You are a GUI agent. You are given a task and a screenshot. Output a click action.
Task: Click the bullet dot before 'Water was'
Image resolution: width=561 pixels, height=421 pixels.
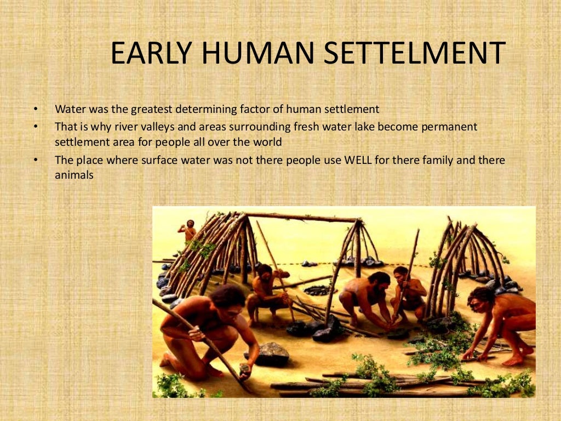click(36, 109)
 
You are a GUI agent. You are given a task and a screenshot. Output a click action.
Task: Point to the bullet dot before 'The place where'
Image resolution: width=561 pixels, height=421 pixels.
click(36, 161)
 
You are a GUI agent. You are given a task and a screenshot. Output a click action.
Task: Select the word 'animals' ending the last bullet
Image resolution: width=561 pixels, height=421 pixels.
click(75, 176)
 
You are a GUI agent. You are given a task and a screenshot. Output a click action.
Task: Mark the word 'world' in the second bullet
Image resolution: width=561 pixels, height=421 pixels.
click(265, 142)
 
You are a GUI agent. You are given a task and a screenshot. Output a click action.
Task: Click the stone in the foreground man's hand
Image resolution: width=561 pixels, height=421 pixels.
click(244, 369)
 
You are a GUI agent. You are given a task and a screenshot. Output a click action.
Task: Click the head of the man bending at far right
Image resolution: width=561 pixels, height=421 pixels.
click(480, 298)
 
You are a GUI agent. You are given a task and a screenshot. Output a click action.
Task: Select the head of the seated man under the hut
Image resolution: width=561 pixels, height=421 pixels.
click(264, 271)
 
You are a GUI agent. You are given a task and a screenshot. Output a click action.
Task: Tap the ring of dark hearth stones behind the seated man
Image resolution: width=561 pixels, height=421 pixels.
click(317, 291)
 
